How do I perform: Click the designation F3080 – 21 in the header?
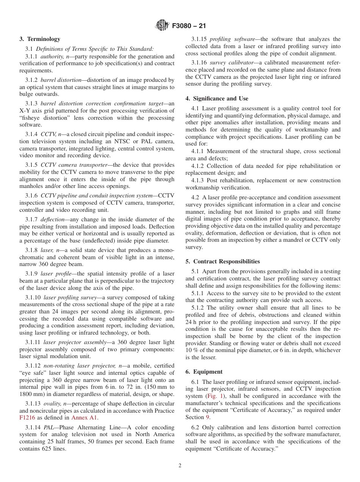(189, 26)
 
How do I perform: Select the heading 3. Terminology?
(40, 39)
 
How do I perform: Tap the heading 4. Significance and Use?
(217, 99)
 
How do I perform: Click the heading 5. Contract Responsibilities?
(222, 261)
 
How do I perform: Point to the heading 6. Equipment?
(204, 372)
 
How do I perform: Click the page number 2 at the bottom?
(180, 466)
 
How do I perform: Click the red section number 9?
(207, 417)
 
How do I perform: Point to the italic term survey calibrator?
(232, 63)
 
